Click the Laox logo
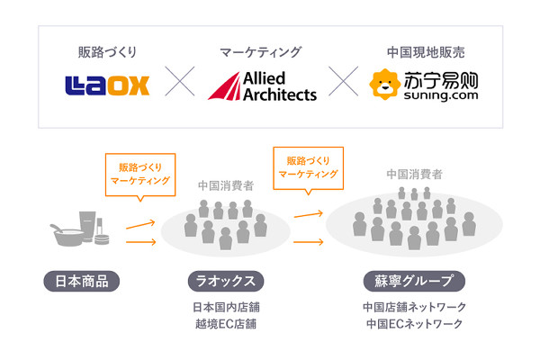107,85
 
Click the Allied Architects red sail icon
225,86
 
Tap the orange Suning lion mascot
384,85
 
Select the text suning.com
441,95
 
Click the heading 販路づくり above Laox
107,52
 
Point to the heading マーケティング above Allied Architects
261,52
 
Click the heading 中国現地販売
426,52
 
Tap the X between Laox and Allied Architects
180,81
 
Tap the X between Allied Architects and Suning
344,81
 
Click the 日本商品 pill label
82,281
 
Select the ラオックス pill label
226,281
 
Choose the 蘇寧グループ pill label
414,281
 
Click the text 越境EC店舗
226,324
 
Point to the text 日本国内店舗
226,307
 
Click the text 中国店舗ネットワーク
414,307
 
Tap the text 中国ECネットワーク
414,324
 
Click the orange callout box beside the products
140,175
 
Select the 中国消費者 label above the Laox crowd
226,186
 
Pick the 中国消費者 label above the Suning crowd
414,175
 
